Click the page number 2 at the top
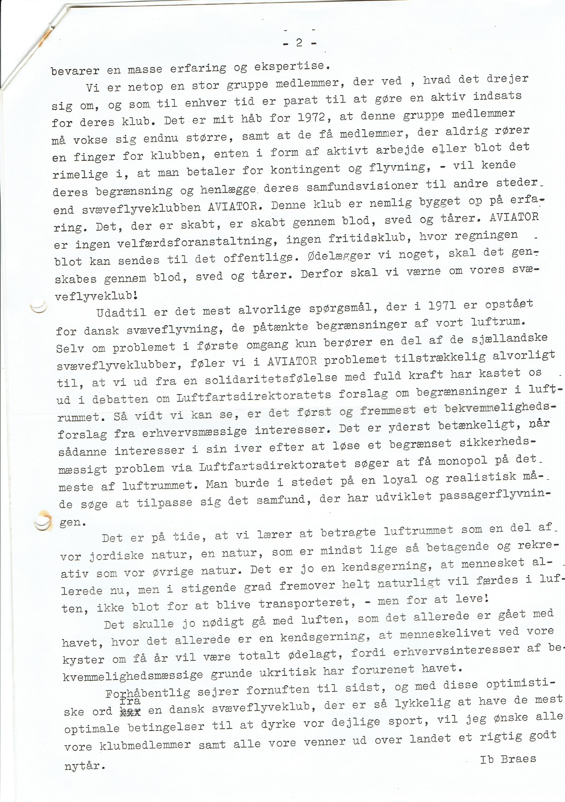pos(299,43)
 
